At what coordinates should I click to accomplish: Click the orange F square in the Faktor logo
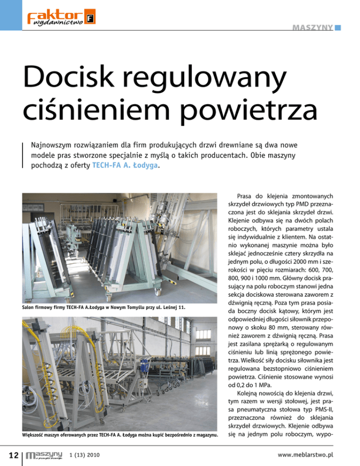click(90, 19)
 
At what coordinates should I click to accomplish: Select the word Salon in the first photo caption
click(29, 307)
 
